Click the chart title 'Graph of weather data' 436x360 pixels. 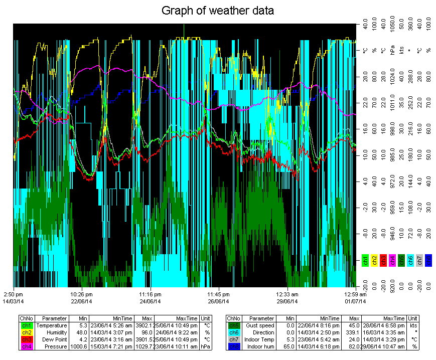(x=218, y=10)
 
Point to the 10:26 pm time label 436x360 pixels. (x=81, y=294)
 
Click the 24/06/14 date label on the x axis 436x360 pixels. (x=150, y=301)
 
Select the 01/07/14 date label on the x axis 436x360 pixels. (x=355, y=301)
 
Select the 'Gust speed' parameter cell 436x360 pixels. (x=262, y=325)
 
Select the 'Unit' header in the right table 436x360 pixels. (x=412, y=318)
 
